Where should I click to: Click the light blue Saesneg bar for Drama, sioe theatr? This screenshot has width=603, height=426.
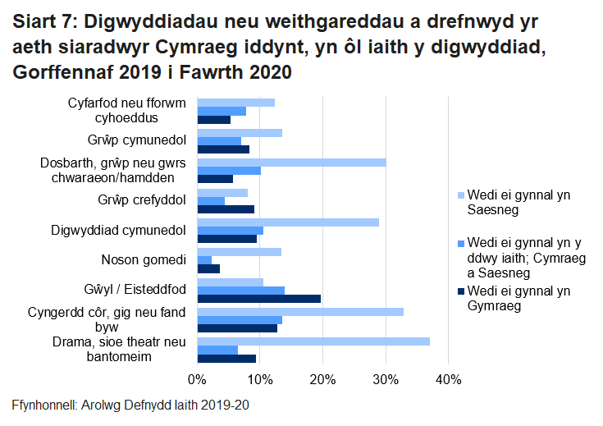point(313,341)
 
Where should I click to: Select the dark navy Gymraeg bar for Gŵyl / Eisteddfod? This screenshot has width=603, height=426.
point(259,299)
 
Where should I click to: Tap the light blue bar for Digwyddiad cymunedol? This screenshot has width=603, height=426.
point(288,222)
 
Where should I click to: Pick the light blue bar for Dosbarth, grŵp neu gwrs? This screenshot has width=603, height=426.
point(291,163)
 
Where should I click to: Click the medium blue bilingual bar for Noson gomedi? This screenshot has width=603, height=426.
point(204,260)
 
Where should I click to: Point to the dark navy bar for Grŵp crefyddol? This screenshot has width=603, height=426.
point(226,209)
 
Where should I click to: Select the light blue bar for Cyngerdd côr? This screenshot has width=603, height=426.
point(300,311)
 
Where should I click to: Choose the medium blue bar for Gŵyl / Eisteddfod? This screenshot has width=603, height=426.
point(240,291)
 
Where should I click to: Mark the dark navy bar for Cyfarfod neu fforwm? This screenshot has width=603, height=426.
point(213,120)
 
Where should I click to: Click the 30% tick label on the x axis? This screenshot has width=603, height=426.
point(386,379)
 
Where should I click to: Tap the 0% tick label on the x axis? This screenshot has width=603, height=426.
point(197,379)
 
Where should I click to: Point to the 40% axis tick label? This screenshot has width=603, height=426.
point(448,379)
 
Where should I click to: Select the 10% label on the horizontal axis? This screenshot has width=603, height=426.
point(260,379)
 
